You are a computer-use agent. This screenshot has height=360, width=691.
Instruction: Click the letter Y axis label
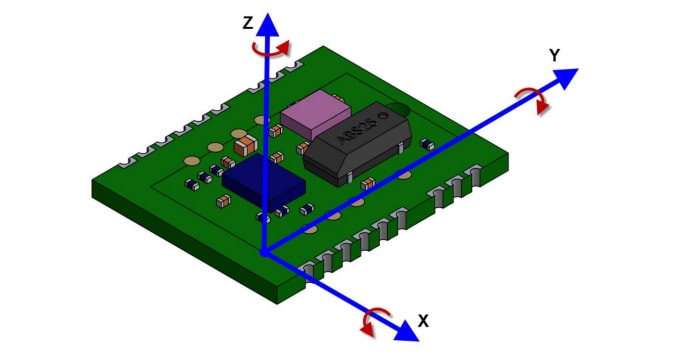(554, 56)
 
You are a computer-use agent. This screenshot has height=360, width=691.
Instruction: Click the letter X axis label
(423, 321)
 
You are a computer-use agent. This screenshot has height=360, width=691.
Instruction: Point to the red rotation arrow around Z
(272, 49)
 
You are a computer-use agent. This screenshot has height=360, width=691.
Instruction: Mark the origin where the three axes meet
(264, 252)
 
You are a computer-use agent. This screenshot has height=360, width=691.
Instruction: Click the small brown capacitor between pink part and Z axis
(276, 131)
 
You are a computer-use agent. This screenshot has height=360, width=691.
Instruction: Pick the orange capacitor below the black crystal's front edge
(368, 183)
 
